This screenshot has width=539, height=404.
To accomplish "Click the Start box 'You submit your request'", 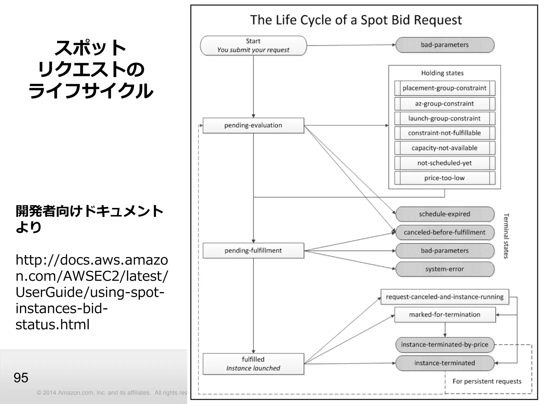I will (253, 46).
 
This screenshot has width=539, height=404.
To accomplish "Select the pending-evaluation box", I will (253, 125).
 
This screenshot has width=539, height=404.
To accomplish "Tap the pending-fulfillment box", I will (253, 250).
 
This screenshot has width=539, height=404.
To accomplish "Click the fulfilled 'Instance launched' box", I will (253, 364).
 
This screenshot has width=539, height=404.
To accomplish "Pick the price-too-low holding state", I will (445, 178).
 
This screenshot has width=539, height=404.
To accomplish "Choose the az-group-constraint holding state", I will (445, 104).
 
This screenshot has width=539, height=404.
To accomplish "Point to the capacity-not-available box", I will (445, 148).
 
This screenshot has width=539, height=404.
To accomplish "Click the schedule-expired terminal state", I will (445, 214).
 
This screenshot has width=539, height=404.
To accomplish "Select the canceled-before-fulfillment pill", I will (445, 233).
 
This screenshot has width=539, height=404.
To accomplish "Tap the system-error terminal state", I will (445, 269).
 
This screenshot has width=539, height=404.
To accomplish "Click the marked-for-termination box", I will (445, 315).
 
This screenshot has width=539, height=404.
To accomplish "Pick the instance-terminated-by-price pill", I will (445, 345).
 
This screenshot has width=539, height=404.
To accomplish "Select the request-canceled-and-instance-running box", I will (445, 297).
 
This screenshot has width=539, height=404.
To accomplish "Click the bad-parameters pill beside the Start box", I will (445, 45).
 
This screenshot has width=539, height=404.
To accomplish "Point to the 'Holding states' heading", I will (442, 73).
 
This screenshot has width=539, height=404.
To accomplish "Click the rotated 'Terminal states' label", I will (506, 236).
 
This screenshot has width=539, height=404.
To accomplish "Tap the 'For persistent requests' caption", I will (487, 381).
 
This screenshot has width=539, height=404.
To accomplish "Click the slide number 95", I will (21, 378).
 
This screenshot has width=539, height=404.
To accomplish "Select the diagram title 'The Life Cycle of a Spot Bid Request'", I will (356, 20).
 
